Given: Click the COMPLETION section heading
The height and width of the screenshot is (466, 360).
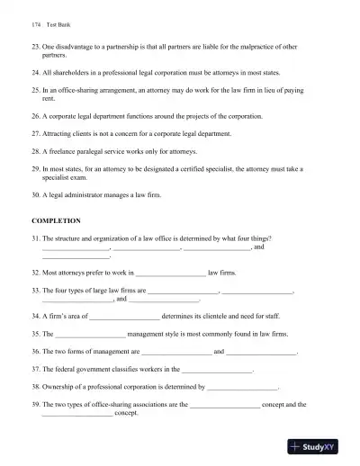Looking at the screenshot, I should point(56,220).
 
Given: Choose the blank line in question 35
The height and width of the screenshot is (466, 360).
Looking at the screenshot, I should point(89,335).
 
